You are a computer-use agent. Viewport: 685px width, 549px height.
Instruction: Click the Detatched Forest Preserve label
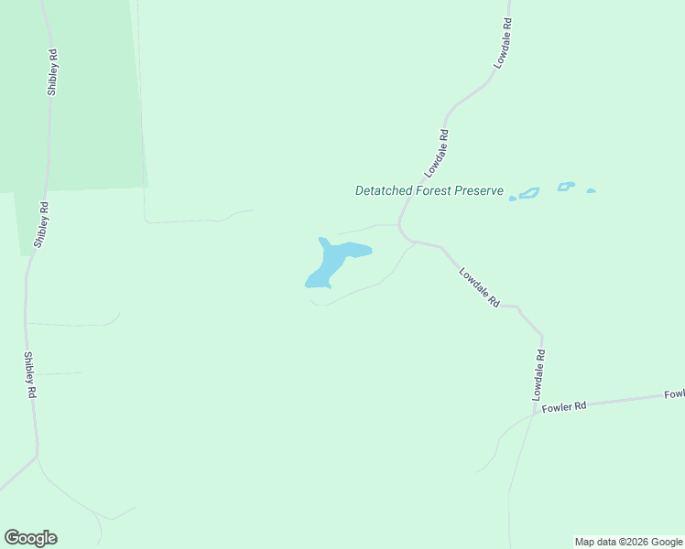click(x=429, y=191)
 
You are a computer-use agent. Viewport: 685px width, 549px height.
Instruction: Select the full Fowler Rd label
click(x=563, y=407)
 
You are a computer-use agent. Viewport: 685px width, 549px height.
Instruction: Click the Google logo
click(x=30, y=538)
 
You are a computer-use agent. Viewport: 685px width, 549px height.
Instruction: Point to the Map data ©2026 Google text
click(x=629, y=542)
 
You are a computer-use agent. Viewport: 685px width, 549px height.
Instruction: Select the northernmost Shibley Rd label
click(x=53, y=73)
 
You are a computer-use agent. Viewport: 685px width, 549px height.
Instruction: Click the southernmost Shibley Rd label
click(x=30, y=374)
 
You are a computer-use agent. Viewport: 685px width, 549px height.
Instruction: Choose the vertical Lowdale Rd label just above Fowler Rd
click(x=539, y=374)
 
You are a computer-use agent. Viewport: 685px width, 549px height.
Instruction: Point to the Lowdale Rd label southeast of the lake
click(x=479, y=286)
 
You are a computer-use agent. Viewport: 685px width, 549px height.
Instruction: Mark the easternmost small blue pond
click(x=591, y=191)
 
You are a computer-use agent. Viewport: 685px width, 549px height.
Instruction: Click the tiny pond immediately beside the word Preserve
click(x=513, y=198)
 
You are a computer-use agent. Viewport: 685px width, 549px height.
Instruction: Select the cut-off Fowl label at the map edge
click(x=675, y=394)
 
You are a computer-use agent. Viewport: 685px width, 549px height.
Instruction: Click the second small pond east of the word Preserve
click(x=528, y=193)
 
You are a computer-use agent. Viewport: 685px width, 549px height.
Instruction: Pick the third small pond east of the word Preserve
click(x=566, y=187)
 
